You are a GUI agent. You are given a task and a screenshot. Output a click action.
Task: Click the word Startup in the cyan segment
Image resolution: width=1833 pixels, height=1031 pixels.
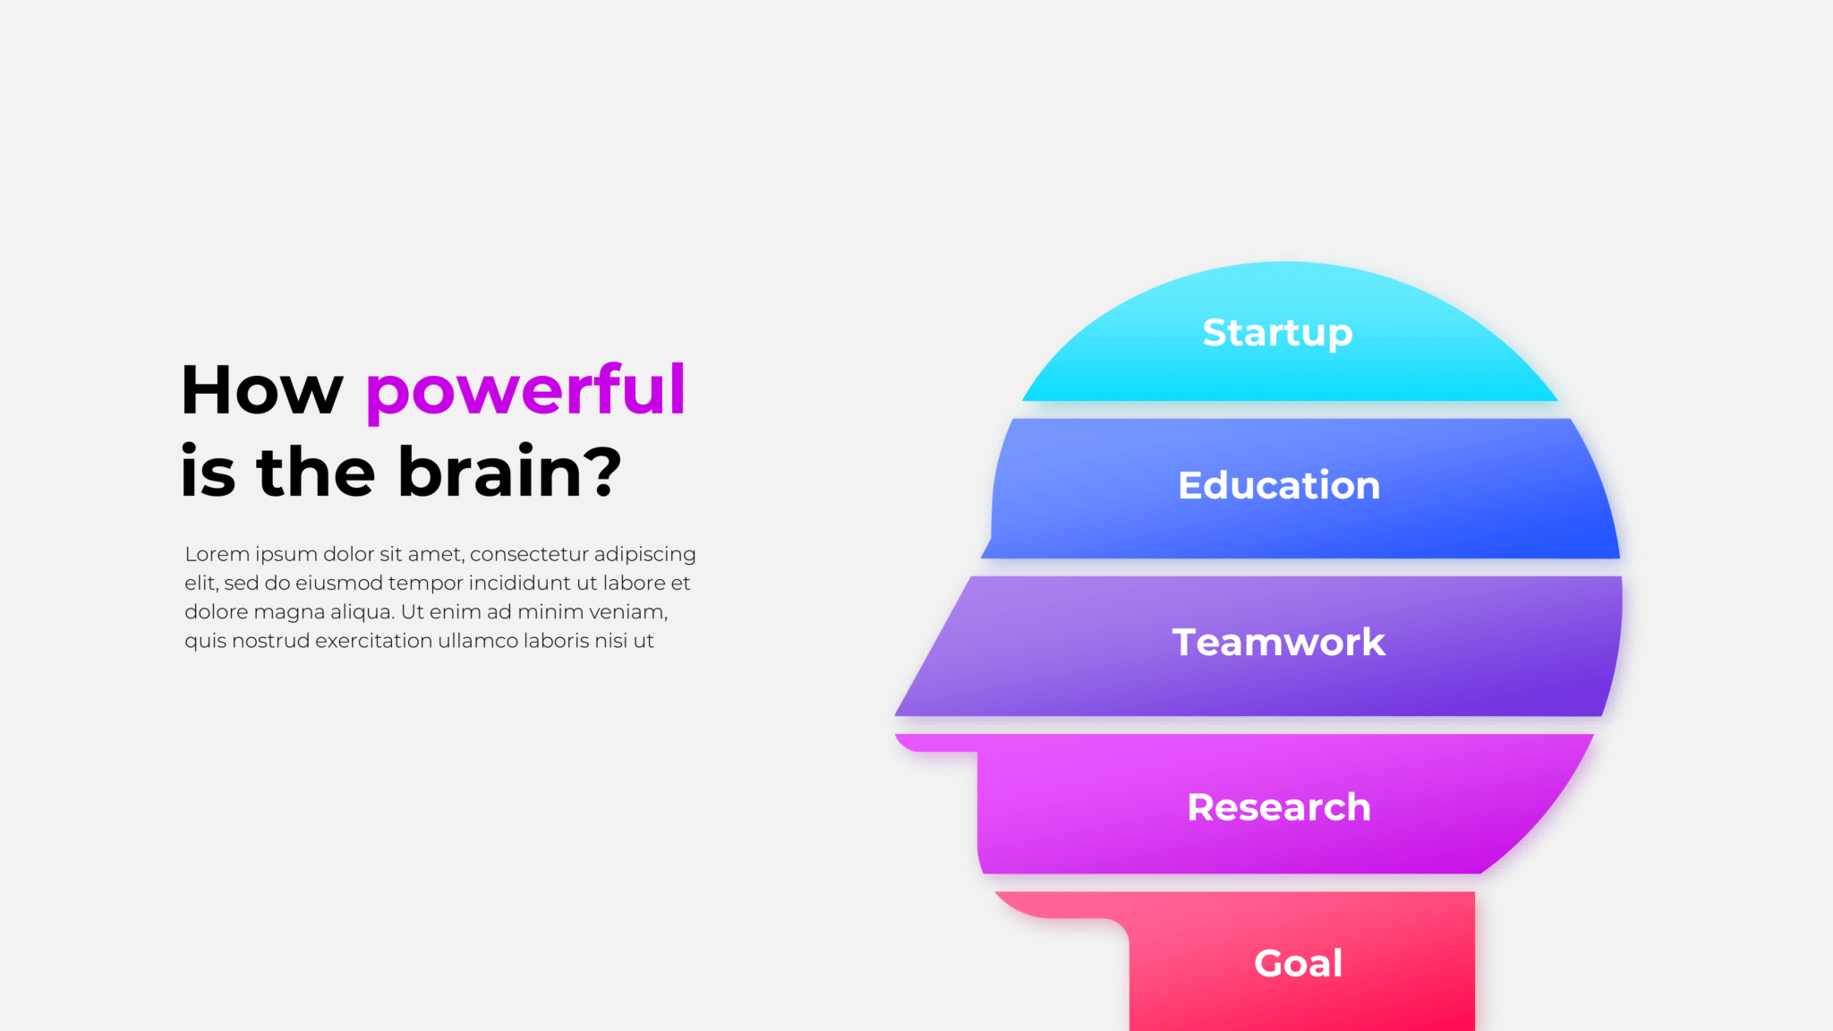(1277, 334)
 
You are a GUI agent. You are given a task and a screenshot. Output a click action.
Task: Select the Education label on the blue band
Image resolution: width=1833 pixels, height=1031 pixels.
(1279, 485)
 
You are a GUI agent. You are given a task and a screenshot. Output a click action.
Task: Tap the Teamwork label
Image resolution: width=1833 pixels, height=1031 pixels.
(1279, 642)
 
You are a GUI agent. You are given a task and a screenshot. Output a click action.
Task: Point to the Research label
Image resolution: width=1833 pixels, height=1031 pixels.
(1279, 807)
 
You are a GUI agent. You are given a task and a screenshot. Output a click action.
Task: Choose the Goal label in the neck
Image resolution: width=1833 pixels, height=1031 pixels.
(1299, 963)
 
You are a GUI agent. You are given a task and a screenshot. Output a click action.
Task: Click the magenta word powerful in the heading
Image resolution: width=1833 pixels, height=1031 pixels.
(525, 392)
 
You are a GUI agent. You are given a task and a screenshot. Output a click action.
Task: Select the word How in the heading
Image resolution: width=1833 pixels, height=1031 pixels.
(262, 390)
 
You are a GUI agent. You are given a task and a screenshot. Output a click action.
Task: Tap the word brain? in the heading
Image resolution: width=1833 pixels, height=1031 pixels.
(509, 471)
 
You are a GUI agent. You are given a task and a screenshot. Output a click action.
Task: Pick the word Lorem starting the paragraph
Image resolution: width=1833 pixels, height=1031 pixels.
(217, 554)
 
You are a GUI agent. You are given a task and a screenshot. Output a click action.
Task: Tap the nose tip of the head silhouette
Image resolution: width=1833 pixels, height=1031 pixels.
(896, 714)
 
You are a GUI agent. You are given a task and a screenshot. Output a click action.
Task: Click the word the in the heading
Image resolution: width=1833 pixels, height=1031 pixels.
(316, 471)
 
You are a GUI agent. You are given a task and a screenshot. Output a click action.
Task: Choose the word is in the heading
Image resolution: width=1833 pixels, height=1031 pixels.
(208, 471)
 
